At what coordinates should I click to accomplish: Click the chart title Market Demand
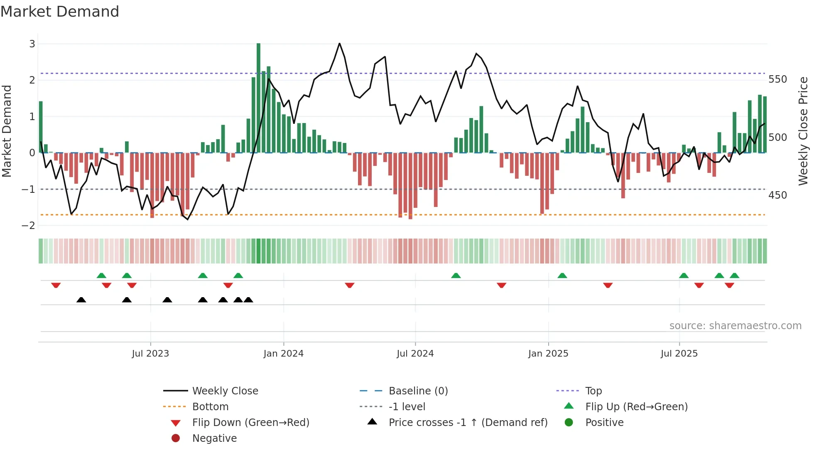(x=60, y=12)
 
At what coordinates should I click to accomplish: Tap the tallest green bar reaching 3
(x=258, y=98)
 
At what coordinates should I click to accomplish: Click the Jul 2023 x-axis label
(x=150, y=354)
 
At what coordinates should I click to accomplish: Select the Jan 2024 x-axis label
(x=283, y=354)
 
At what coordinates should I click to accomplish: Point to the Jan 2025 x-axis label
(x=548, y=354)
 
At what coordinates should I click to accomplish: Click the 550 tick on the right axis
(x=777, y=79)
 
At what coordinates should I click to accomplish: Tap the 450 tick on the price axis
(x=777, y=195)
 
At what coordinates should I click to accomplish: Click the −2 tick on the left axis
(x=29, y=226)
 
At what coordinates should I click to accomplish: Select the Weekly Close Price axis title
(x=803, y=131)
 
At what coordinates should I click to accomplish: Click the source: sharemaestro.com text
(x=735, y=326)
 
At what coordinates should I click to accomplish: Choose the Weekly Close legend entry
(x=225, y=391)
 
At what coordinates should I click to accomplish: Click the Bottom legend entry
(x=210, y=407)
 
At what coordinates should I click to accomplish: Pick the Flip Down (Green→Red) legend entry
(x=250, y=423)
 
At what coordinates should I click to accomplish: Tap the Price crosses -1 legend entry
(x=468, y=423)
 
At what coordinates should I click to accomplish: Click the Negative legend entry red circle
(x=176, y=438)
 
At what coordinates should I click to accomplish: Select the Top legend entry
(x=593, y=391)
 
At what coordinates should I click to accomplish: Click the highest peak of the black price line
(x=339, y=43)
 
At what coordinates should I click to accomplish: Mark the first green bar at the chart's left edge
(x=41, y=127)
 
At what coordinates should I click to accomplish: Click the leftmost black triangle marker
(x=81, y=300)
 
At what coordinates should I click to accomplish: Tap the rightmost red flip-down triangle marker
(x=729, y=285)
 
